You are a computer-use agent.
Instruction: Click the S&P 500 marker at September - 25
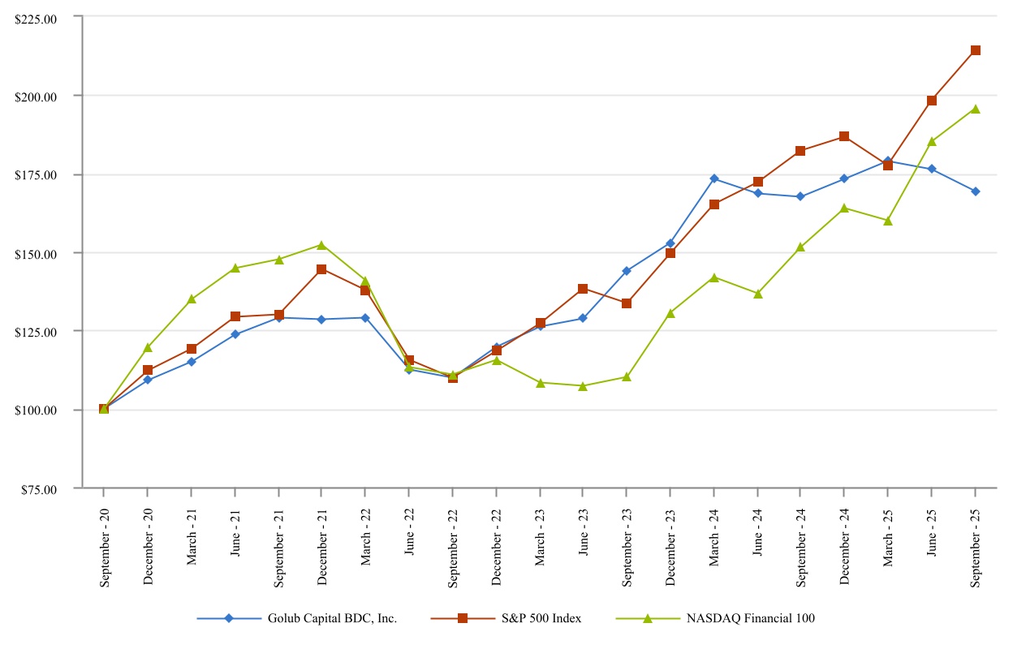click(x=976, y=50)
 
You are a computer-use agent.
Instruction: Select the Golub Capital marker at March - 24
click(x=713, y=178)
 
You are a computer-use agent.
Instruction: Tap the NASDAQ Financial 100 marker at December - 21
click(x=321, y=245)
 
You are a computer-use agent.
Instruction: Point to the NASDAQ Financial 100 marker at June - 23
click(x=583, y=386)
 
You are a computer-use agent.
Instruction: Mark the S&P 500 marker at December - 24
click(x=844, y=136)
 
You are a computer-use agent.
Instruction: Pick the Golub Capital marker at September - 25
click(x=976, y=191)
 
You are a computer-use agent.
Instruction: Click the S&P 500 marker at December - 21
click(x=321, y=269)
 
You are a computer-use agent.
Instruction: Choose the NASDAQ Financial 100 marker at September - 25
click(x=976, y=109)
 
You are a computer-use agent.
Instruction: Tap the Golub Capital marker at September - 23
click(x=627, y=271)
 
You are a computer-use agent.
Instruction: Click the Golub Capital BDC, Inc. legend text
click(x=332, y=618)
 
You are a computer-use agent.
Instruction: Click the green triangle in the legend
click(x=648, y=618)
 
